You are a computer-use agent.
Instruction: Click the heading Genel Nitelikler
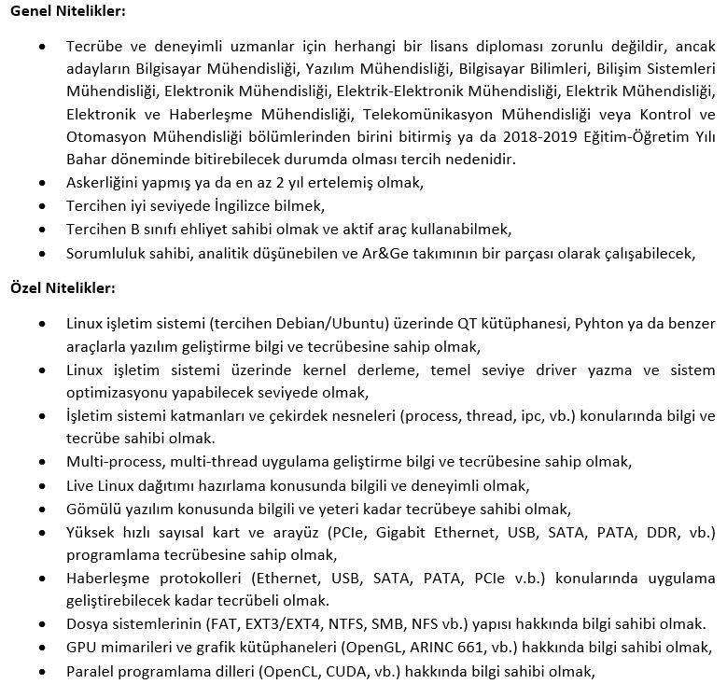tap(66, 11)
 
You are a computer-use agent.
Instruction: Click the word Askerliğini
tap(105, 183)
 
